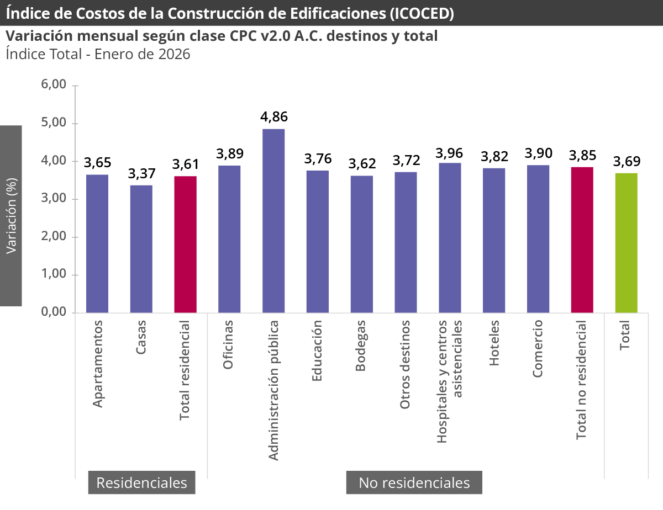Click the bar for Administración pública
(x=273, y=221)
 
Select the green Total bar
(x=626, y=243)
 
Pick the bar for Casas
(x=141, y=249)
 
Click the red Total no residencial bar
(x=582, y=240)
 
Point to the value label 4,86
(x=274, y=117)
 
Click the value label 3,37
(x=141, y=173)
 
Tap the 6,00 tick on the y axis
(x=54, y=85)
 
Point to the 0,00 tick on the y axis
(x=54, y=312)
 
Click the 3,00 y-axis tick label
(x=54, y=199)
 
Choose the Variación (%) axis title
(x=11, y=216)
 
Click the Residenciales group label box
(x=141, y=483)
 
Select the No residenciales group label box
(x=414, y=483)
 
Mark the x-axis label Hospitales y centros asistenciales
(x=449, y=381)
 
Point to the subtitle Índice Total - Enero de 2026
(x=98, y=54)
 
